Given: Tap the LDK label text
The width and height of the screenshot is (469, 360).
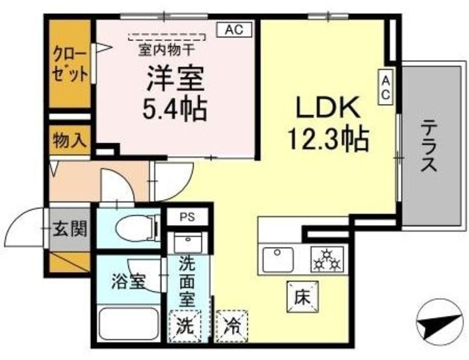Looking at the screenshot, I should coord(326,108).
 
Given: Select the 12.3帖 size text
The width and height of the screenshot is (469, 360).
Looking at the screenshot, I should coord(327,137).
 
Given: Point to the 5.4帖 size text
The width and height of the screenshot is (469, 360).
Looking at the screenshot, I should coord(174,110).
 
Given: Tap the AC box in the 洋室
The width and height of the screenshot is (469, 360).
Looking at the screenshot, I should coord(233,30).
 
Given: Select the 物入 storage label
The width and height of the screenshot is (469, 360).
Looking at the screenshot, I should coord(70,141).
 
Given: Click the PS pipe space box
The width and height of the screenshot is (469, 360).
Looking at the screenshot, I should coord(188,218).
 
